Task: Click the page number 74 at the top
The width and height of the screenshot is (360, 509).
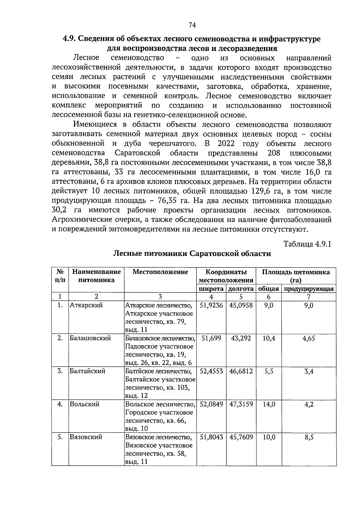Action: (192, 25)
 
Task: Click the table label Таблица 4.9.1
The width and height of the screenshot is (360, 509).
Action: (307, 244)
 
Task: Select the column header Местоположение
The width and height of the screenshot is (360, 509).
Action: (160, 272)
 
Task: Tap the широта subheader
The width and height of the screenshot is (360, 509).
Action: (211, 289)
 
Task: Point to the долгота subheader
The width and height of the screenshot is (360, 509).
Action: (241, 289)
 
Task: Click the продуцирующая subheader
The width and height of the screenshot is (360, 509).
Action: (309, 289)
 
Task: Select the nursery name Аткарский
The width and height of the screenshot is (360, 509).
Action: (86, 305)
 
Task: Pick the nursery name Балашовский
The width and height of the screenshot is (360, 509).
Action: (90, 338)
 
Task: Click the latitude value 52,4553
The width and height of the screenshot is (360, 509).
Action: (211, 371)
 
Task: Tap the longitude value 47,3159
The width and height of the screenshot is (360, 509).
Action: (241, 404)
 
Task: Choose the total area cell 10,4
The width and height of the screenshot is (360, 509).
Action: (269, 338)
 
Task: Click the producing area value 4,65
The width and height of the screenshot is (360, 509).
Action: (309, 338)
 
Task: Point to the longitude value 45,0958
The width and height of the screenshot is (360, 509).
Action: (241, 305)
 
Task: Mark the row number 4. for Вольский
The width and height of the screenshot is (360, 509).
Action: (60, 404)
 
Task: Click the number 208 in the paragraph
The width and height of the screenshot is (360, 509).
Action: (273, 153)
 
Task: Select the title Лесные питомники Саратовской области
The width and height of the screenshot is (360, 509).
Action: (192, 254)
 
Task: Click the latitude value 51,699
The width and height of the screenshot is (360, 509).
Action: (211, 338)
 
